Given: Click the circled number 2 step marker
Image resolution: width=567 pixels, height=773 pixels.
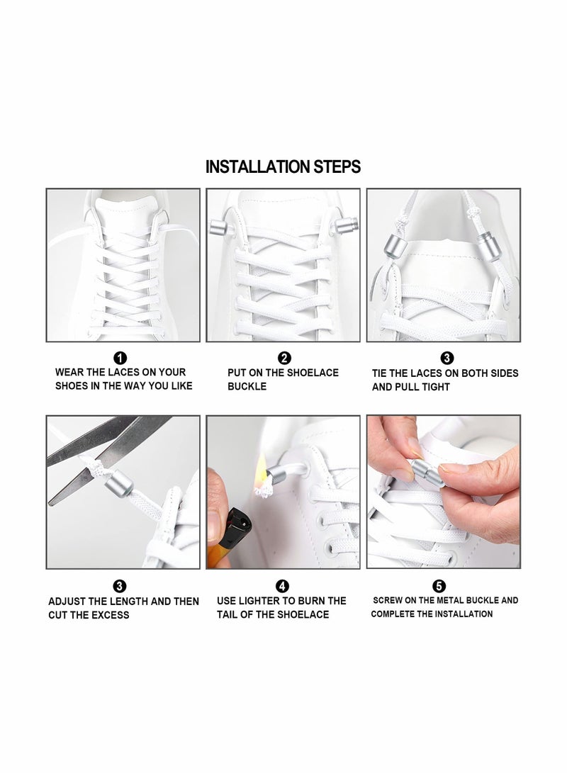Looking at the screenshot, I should tap(284, 358).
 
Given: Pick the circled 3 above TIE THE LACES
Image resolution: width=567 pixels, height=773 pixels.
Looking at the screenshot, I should tap(447, 358).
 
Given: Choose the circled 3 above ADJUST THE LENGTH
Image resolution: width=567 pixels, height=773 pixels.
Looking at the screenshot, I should tap(120, 586).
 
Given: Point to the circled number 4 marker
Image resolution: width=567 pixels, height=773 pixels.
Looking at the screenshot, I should tap(283, 586).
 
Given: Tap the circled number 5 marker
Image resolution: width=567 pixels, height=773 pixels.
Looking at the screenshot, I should tap(439, 586).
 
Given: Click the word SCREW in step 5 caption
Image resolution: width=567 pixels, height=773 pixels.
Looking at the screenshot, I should tap(391, 600).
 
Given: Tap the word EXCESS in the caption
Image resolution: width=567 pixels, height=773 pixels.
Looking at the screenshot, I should tap(110, 615).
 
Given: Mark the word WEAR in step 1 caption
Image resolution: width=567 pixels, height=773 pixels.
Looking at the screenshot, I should tap(70, 372).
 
